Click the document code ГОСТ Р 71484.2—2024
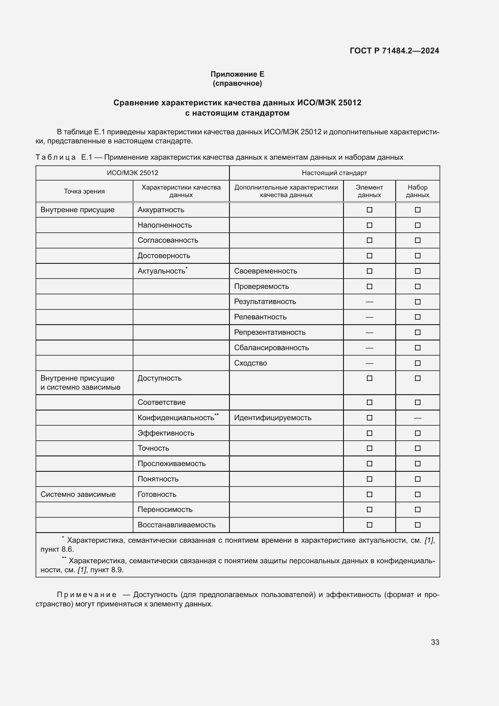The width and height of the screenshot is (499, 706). pyautogui.click(x=394, y=51)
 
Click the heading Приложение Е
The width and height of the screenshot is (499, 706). pyautogui.click(x=237, y=74)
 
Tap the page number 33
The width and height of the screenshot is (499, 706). pyautogui.click(x=435, y=642)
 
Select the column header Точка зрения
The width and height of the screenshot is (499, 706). pyautogui.click(x=84, y=191)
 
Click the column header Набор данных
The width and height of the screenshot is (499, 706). pyautogui.click(x=417, y=191)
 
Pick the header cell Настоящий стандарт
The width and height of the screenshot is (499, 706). pyautogui.click(x=334, y=173)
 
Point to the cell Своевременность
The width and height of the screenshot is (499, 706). pyautogui.click(x=265, y=271)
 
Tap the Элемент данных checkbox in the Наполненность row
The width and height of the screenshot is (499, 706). pyautogui.click(x=369, y=225)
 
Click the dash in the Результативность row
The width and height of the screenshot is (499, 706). pyautogui.click(x=369, y=302)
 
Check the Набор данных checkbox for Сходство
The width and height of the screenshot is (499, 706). pyautogui.click(x=417, y=363)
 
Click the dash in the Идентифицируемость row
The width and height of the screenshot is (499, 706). pyautogui.click(x=417, y=418)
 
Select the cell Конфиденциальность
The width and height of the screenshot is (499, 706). pyautogui.click(x=176, y=418)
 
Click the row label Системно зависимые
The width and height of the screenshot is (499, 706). pyautogui.click(x=78, y=494)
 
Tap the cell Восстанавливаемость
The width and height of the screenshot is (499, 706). pyautogui.click(x=176, y=525)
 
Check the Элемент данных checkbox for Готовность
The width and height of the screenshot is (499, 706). pyautogui.click(x=369, y=494)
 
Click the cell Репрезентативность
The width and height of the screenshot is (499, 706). pyautogui.click(x=269, y=332)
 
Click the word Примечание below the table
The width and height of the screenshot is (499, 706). pyautogui.click(x=87, y=595)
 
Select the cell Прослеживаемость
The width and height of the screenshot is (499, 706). pyautogui.click(x=171, y=464)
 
